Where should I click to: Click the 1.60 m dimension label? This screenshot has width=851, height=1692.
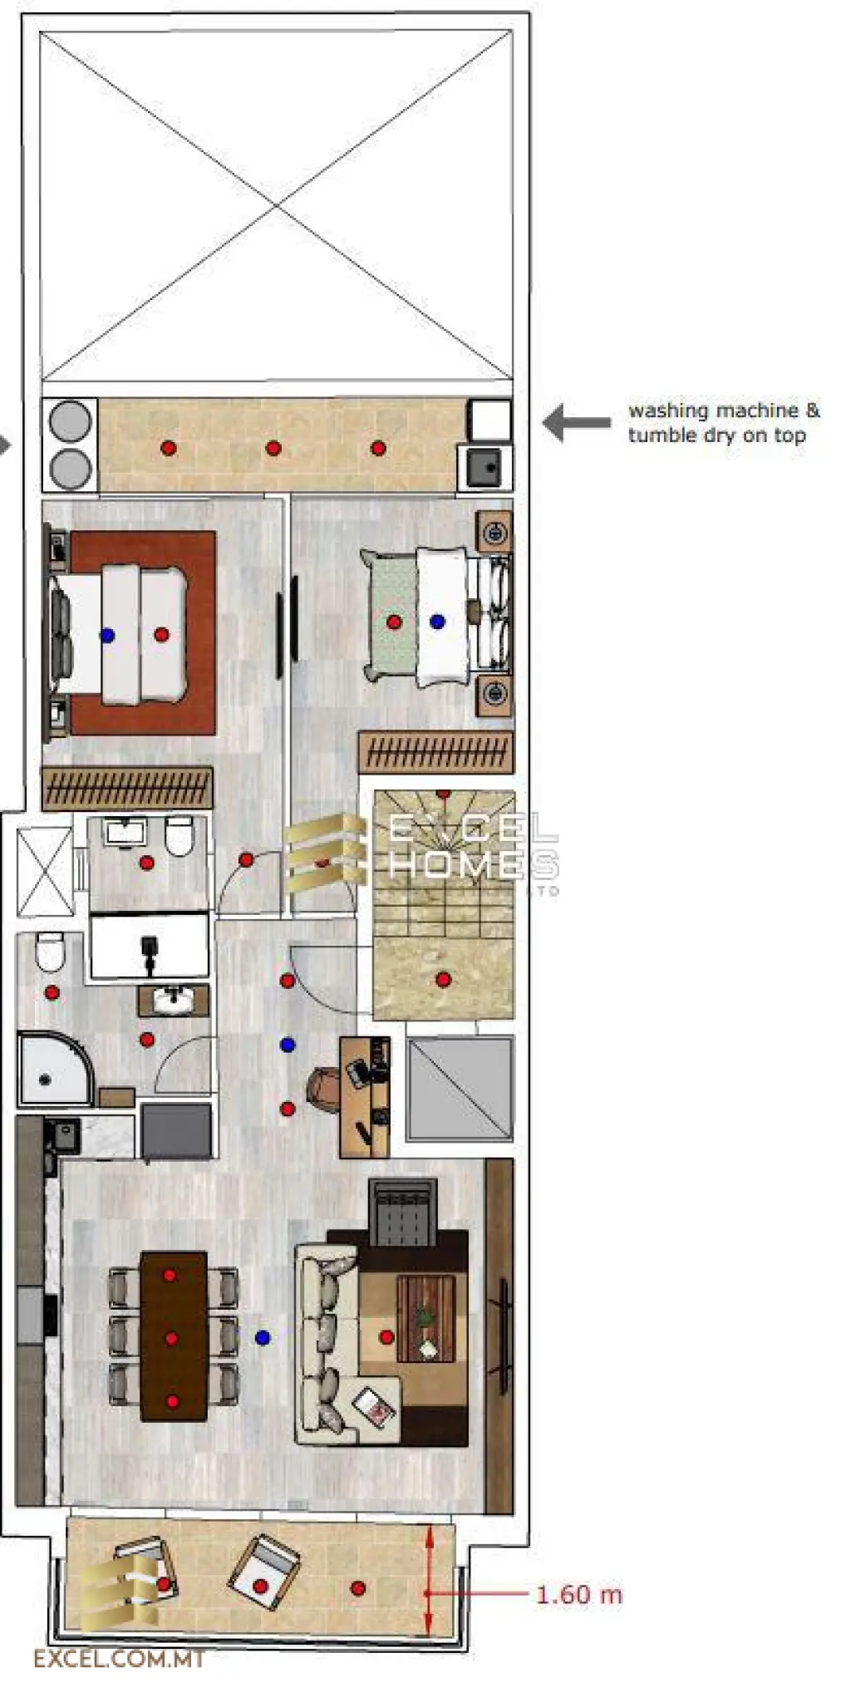(578, 1595)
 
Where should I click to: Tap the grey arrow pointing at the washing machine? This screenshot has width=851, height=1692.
(576, 422)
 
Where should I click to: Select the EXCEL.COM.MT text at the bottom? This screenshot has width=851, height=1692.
(118, 1660)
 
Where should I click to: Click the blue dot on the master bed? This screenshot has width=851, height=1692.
(107, 635)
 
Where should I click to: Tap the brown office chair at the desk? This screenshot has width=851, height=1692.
(322, 1086)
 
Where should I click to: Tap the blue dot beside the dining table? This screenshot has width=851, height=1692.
(263, 1337)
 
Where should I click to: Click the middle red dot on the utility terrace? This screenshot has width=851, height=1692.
(273, 448)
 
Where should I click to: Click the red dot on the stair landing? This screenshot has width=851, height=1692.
(443, 980)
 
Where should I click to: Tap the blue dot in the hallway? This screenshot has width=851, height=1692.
(288, 1045)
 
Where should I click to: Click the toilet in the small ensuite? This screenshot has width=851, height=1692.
(179, 836)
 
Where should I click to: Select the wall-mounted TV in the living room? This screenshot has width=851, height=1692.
(503, 1336)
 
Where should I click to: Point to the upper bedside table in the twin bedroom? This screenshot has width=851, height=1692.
(494, 531)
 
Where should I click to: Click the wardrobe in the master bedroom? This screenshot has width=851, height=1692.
(127, 788)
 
